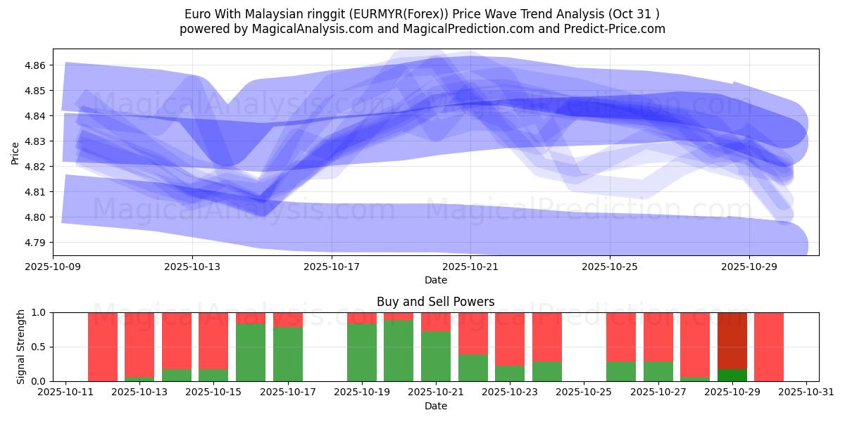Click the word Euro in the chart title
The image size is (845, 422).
[x=197, y=14]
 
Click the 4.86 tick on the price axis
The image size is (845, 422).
[x=35, y=65]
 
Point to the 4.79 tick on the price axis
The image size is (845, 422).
[x=35, y=243]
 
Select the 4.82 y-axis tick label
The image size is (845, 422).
[x=35, y=167]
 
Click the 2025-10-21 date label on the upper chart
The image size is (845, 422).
[x=470, y=267]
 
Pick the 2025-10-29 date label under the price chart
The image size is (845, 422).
[x=749, y=267]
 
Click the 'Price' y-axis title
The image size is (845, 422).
[x=15, y=152]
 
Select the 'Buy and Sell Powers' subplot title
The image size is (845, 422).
[x=435, y=302]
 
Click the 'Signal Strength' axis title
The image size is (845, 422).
[x=21, y=346]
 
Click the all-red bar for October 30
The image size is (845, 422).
[x=769, y=347]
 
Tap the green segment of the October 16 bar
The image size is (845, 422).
[x=251, y=352]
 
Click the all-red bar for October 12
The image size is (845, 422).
[x=103, y=347]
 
